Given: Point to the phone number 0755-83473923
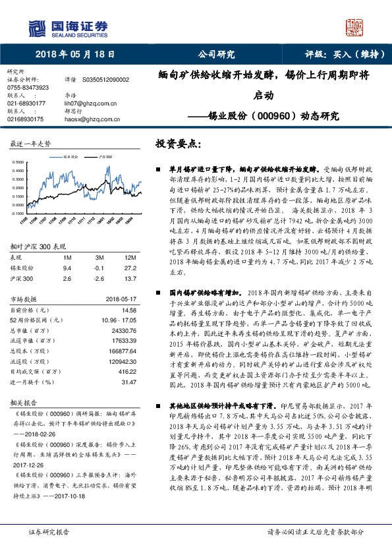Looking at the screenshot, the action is click(x=28, y=87).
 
